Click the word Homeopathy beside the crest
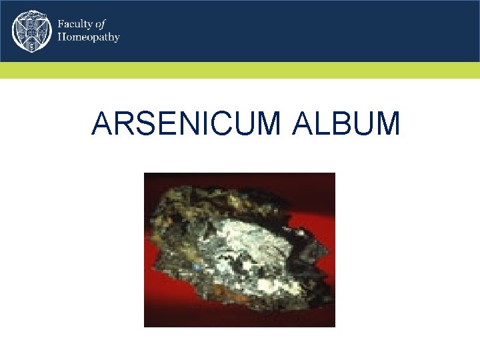pyautogui.click(x=89, y=37)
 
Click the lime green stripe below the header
pyautogui.click(x=240, y=70)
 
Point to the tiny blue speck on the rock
pyautogui.click(x=197, y=267)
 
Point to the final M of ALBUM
pyautogui.click(x=387, y=124)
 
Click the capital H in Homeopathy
pyautogui.click(x=62, y=37)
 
